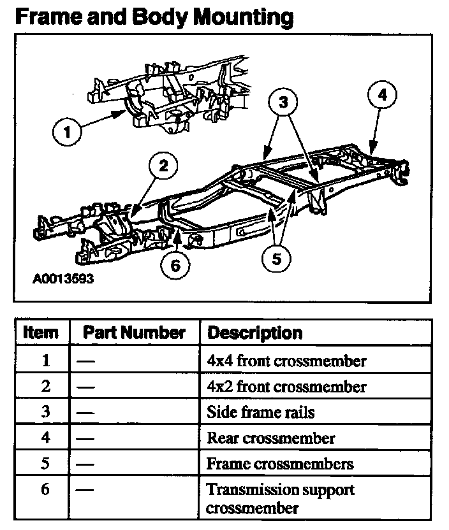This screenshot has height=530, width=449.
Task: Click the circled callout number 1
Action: (x=68, y=134)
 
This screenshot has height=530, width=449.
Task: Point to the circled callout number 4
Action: (x=381, y=96)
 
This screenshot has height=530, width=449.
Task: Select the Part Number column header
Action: (x=134, y=333)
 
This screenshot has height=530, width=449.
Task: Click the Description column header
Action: (x=255, y=333)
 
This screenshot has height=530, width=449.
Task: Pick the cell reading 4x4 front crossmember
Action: (x=286, y=361)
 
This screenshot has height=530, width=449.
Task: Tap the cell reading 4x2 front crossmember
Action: (x=286, y=387)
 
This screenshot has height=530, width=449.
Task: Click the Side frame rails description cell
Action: (x=260, y=412)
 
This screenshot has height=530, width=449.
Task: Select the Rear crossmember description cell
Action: (x=270, y=438)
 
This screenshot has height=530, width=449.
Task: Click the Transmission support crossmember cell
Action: (x=280, y=499)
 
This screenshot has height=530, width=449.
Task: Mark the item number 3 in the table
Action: (x=45, y=412)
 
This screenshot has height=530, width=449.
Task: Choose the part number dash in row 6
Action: (x=85, y=490)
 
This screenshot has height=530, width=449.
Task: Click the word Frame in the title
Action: (x=48, y=17)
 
